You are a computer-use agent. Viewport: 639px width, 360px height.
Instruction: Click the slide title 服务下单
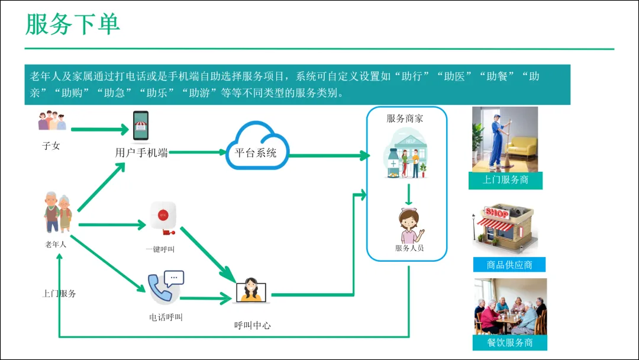[x=73, y=24]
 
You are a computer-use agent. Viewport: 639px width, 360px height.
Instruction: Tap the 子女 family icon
[x=52, y=121]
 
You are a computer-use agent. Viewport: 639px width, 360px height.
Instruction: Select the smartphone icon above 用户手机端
[x=140, y=126]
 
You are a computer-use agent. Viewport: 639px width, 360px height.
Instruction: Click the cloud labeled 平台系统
[x=256, y=146]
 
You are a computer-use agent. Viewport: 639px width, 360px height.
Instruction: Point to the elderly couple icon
[x=58, y=212]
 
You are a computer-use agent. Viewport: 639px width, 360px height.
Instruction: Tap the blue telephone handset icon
[x=161, y=288]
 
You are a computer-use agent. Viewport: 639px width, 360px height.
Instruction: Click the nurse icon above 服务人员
[x=409, y=226]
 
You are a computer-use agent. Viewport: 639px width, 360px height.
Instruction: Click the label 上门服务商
[x=505, y=180]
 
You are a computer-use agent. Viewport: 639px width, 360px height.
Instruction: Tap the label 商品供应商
[x=509, y=265]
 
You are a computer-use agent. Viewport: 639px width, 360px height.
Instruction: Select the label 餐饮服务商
[x=509, y=343]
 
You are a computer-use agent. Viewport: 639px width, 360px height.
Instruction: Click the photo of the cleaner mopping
[x=505, y=139]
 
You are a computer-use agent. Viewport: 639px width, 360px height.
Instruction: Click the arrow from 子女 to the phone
[x=99, y=129]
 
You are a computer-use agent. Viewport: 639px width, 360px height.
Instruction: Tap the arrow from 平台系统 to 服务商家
[x=329, y=156]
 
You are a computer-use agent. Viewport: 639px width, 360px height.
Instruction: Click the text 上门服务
[x=59, y=293]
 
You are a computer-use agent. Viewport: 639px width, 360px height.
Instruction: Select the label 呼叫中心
[x=253, y=325]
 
